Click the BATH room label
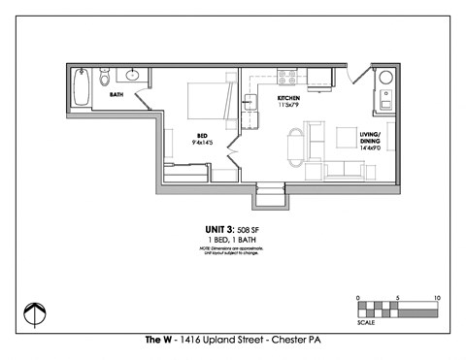pyautogui.click(x=116, y=95)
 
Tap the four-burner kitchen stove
pyautogui.click(x=287, y=76)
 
